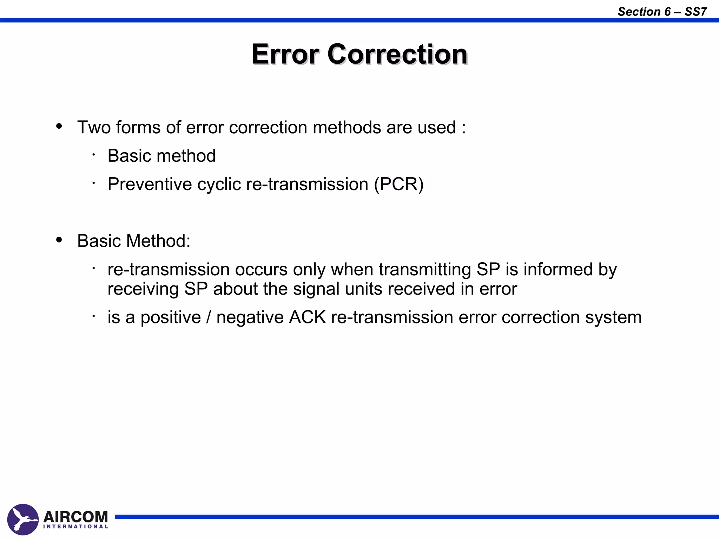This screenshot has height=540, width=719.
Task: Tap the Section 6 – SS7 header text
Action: pyautogui.click(x=662, y=12)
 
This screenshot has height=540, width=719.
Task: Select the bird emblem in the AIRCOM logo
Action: pyautogui.click(x=23, y=519)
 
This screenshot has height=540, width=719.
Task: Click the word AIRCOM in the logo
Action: pyautogui.click(x=75, y=517)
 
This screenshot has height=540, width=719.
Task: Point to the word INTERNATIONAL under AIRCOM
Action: pyautogui.click(x=75, y=527)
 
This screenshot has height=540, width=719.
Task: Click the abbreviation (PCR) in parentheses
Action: pyautogui.click(x=399, y=184)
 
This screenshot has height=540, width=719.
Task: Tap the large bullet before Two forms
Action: pyautogui.click(x=59, y=126)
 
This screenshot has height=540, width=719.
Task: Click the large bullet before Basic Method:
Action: pyautogui.click(x=59, y=240)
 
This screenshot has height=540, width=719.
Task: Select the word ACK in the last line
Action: pyautogui.click(x=307, y=317)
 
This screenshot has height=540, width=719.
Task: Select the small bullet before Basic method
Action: pyautogui.click(x=94, y=154)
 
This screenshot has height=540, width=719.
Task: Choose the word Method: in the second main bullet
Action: pyautogui.click(x=158, y=241)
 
